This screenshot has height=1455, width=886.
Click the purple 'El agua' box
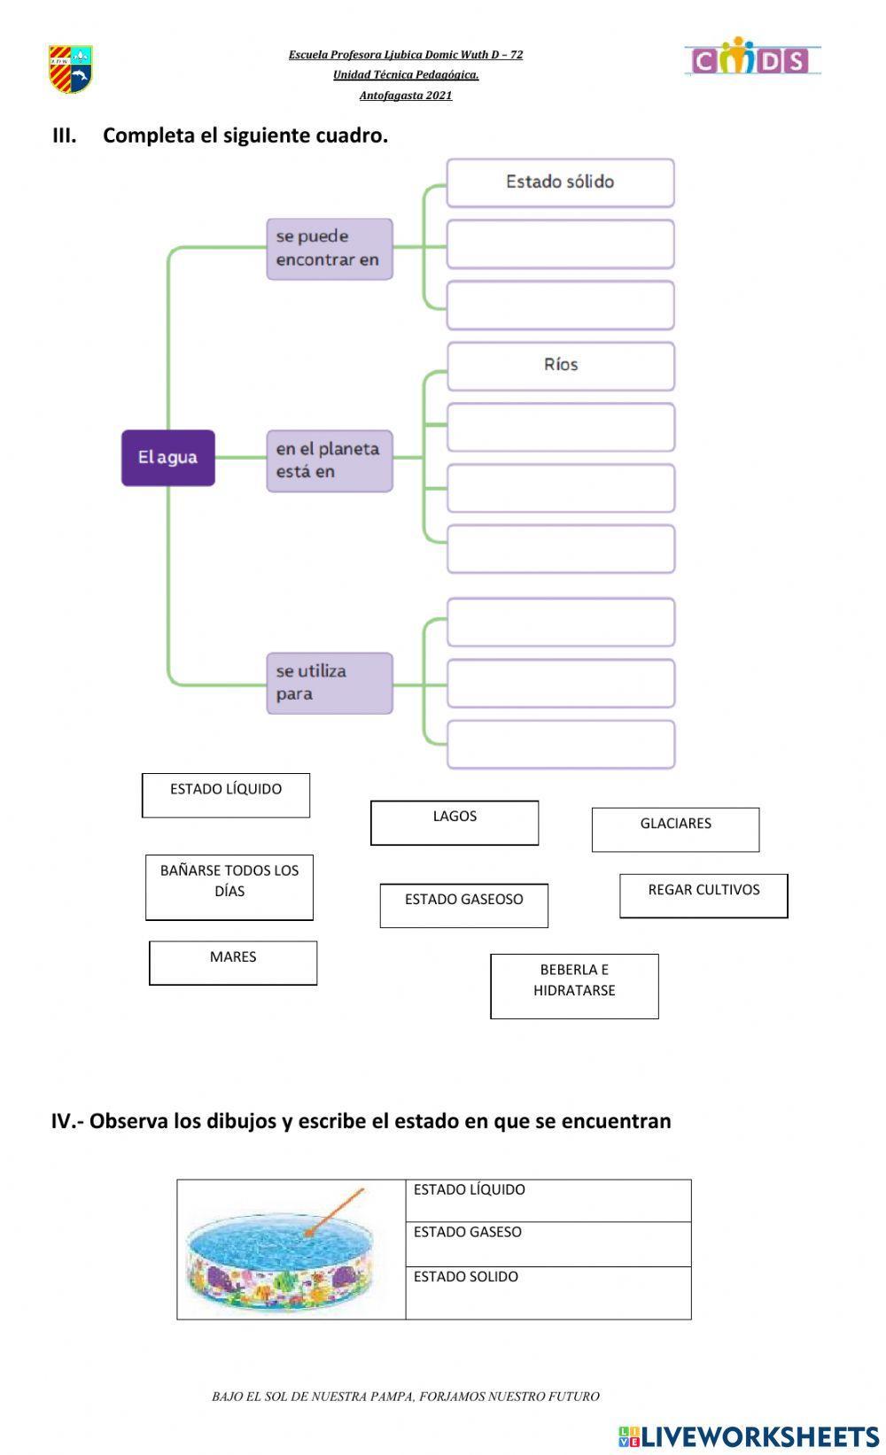[x=167, y=458]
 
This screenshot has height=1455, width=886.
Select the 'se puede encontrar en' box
[x=329, y=249]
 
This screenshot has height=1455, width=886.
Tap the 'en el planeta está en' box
[x=329, y=460]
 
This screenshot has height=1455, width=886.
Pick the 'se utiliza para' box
[x=329, y=683]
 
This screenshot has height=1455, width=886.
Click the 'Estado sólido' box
[x=560, y=182]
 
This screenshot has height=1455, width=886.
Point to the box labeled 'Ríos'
[x=560, y=366]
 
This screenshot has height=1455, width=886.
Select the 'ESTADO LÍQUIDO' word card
[x=226, y=794]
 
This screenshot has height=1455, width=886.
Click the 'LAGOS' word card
[x=454, y=823]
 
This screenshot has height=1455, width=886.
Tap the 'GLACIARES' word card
[x=675, y=829]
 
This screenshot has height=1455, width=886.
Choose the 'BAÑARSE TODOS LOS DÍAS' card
[x=229, y=886]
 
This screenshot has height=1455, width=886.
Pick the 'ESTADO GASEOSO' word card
[x=463, y=905]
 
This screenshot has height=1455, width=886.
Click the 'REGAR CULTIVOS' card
[x=703, y=895]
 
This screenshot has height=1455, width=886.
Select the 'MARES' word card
[x=233, y=963]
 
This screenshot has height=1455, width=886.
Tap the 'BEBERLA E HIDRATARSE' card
[x=574, y=986]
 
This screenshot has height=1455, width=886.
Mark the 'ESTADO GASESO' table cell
[x=548, y=1243]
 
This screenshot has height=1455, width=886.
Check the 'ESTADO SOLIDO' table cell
[x=548, y=1291]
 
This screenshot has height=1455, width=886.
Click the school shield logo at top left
[x=71, y=69]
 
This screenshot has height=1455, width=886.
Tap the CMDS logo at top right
[x=751, y=58]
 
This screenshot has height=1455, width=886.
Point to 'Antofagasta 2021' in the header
[x=406, y=96]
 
